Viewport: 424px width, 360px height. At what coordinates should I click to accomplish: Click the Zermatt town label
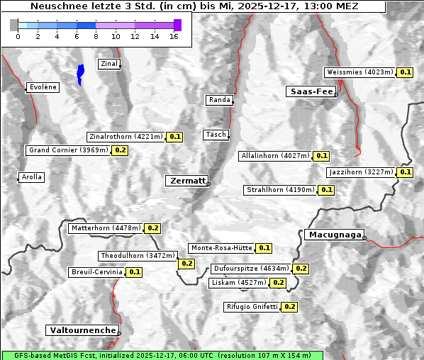(x=187, y=181)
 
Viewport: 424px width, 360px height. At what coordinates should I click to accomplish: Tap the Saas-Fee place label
(x=311, y=91)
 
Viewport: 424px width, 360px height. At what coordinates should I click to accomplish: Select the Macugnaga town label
(x=334, y=235)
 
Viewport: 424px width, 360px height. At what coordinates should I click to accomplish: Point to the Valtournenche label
(x=82, y=330)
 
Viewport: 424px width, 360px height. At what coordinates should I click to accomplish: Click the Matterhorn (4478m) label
(x=106, y=228)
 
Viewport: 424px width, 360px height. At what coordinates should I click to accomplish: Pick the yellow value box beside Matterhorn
(x=153, y=228)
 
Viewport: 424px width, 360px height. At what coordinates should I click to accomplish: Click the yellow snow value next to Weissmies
(x=406, y=72)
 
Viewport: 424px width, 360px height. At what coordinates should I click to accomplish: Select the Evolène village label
(x=43, y=87)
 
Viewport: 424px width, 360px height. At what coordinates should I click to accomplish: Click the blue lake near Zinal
(x=80, y=73)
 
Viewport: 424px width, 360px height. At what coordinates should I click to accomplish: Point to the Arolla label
(x=31, y=177)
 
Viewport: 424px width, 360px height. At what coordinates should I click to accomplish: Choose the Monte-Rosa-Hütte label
(x=221, y=248)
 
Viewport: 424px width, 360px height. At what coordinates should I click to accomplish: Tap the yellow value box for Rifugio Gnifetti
(x=289, y=307)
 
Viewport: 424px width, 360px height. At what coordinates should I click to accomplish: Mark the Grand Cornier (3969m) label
(x=69, y=150)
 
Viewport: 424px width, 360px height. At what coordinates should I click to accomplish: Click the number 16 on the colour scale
(x=173, y=36)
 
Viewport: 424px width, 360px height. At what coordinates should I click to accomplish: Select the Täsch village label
(x=215, y=135)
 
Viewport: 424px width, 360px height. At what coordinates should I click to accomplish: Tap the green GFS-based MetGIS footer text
(x=162, y=355)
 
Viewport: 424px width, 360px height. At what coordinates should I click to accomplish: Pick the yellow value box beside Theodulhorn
(x=186, y=264)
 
